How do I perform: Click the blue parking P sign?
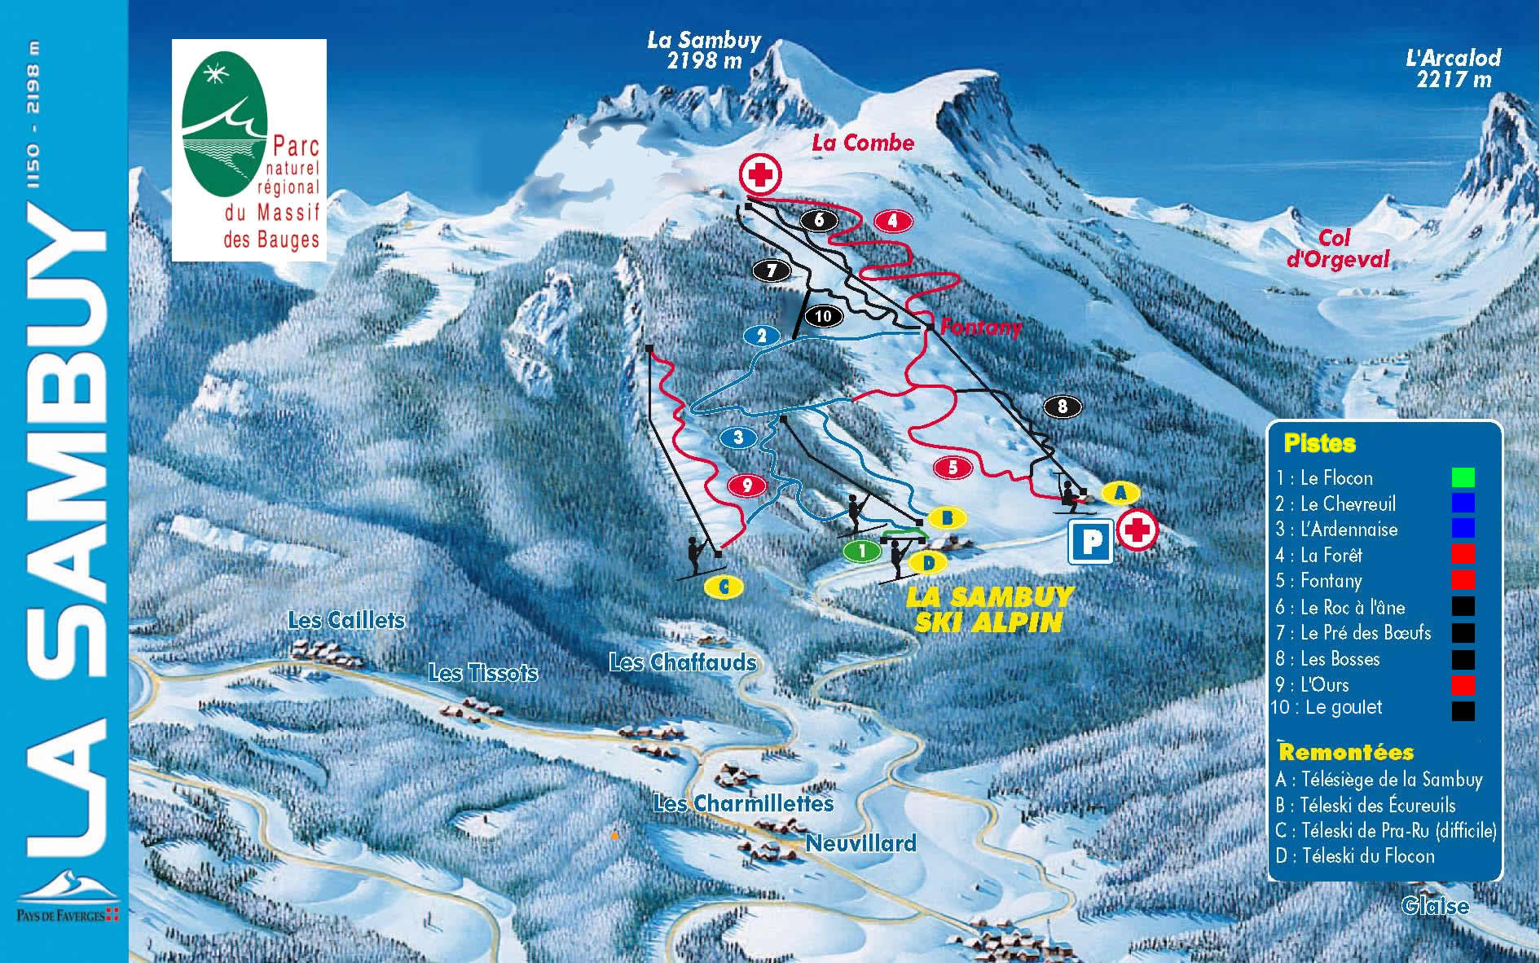click(x=1091, y=541)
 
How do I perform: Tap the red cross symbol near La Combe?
click(x=760, y=174)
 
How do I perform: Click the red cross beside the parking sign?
click(x=1137, y=530)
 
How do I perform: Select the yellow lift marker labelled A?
click(x=1120, y=492)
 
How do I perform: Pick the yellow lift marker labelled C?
click(x=724, y=586)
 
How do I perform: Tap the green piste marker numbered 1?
click(x=862, y=552)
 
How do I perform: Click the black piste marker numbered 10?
click(x=823, y=316)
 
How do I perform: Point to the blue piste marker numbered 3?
click(x=738, y=438)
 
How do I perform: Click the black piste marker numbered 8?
click(x=1062, y=407)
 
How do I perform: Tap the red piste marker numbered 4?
click(x=893, y=220)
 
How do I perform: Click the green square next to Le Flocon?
click(x=1463, y=477)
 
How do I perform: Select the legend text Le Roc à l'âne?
click(x=1353, y=607)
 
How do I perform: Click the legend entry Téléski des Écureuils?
click(x=1377, y=806)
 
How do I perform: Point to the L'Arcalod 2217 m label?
click(x=1454, y=68)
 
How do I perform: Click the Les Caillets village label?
click(x=346, y=620)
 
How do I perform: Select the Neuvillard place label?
click(x=860, y=842)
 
